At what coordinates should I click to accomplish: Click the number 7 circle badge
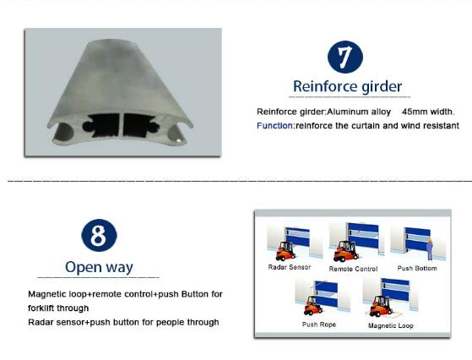pyautogui.click(x=345, y=57)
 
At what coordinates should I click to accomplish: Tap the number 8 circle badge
pyautogui.click(x=99, y=235)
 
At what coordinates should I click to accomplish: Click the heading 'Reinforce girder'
pyautogui.click(x=347, y=86)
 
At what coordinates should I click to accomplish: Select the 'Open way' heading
pyautogui.click(x=99, y=267)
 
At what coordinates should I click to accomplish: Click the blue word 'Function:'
pyautogui.click(x=276, y=125)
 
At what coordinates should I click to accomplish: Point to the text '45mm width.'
pyautogui.click(x=428, y=112)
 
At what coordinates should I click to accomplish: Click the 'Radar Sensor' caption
pyautogui.click(x=290, y=267)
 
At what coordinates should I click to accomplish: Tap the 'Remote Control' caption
pyautogui.click(x=353, y=269)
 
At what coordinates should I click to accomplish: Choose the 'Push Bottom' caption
pyautogui.click(x=417, y=268)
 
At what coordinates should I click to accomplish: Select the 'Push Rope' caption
pyautogui.click(x=319, y=325)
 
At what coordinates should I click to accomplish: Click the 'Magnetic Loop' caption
pyautogui.click(x=391, y=325)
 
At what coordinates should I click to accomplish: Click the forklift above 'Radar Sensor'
pyautogui.click(x=285, y=251)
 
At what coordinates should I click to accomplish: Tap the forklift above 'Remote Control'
pyautogui.click(x=346, y=251)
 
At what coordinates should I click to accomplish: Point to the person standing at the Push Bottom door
pyautogui.click(x=430, y=248)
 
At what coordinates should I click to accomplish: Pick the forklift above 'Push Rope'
pyautogui.click(x=313, y=305)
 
